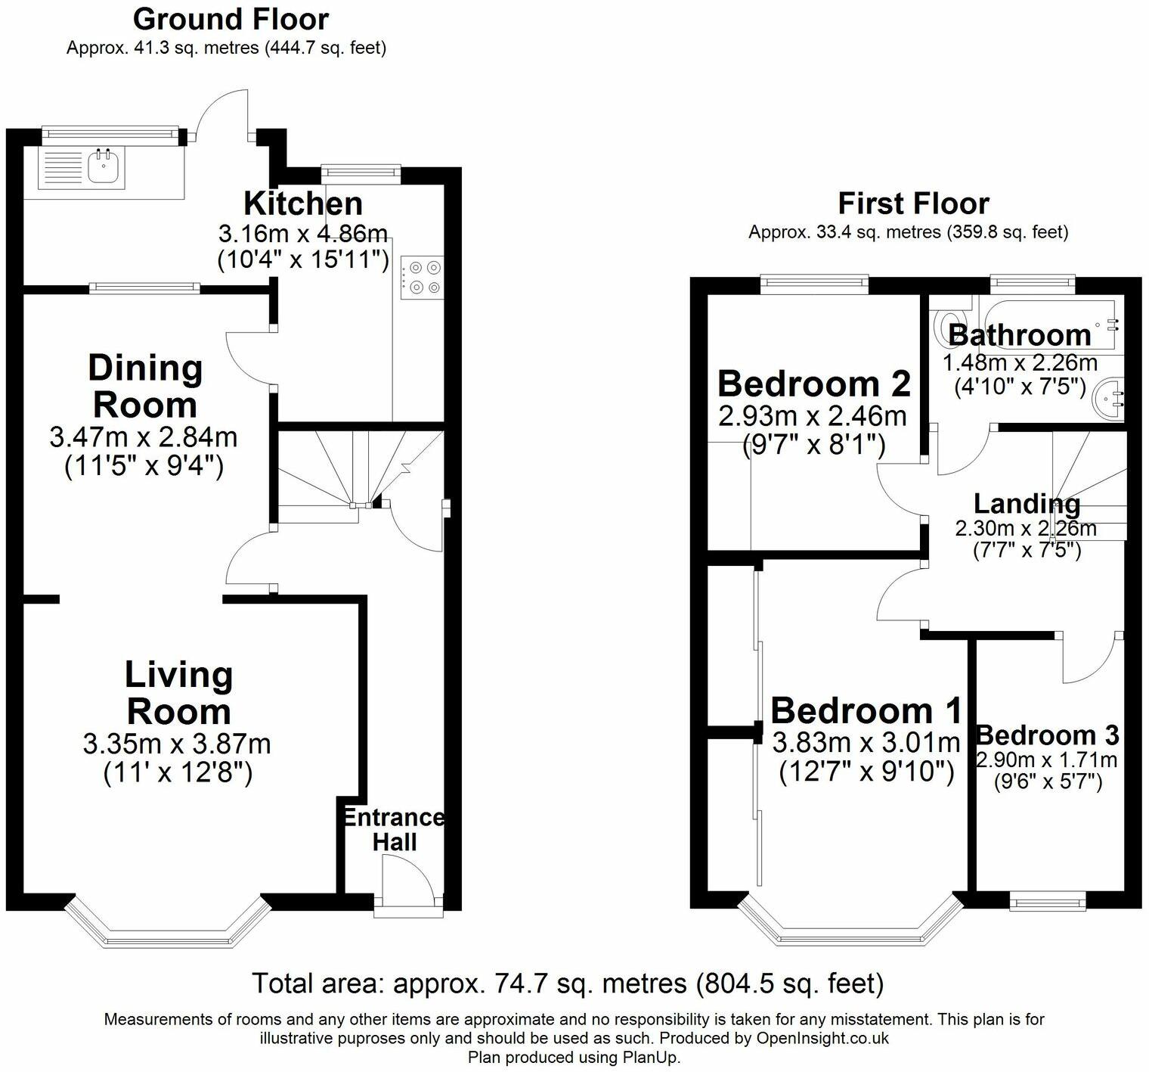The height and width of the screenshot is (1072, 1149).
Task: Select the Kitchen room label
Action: click(x=303, y=204)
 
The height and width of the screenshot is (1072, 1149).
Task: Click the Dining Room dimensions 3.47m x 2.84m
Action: click(x=144, y=437)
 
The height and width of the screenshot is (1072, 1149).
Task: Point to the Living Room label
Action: click(x=178, y=693)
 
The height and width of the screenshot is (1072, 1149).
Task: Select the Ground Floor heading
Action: click(x=231, y=19)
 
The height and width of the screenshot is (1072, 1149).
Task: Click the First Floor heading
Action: click(x=913, y=204)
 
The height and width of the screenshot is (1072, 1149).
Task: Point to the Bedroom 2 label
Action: click(x=814, y=384)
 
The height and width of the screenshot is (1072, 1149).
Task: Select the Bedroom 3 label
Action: click(x=1048, y=735)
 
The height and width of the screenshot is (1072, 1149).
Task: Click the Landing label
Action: click(x=1027, y=503)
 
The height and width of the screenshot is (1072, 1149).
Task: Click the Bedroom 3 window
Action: click(x=1048, y=900)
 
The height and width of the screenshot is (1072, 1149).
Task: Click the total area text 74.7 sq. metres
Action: click(x=568, y=983)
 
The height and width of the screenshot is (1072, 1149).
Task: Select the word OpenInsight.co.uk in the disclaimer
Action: click(x=822, y=1038)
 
